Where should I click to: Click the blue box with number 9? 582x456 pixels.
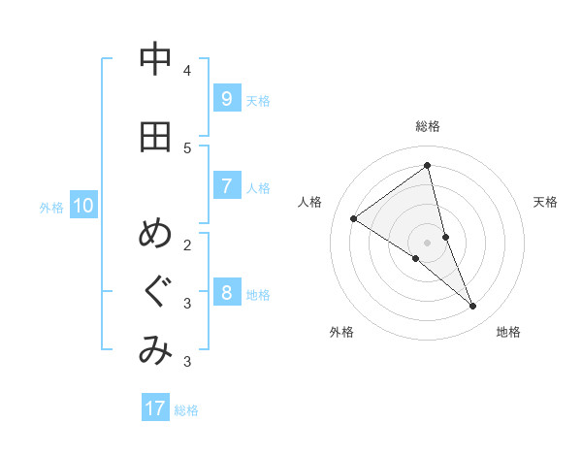226,98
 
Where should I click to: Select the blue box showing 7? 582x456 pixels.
226,185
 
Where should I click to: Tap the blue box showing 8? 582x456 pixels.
226,292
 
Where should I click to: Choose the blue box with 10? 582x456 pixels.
83,205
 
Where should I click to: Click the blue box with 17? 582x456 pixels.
155,408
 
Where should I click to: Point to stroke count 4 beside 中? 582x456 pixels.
187,71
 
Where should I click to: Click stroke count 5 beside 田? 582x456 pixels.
187,147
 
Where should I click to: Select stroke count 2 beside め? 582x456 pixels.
187,244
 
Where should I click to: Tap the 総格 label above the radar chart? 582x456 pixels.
428,126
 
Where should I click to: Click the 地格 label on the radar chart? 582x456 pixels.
508,332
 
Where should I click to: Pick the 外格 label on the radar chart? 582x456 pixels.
341,332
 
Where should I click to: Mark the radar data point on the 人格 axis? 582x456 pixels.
353,218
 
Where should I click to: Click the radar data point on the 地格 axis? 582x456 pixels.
473,307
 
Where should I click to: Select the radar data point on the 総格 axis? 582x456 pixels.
428,165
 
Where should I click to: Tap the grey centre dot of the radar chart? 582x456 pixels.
428,242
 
